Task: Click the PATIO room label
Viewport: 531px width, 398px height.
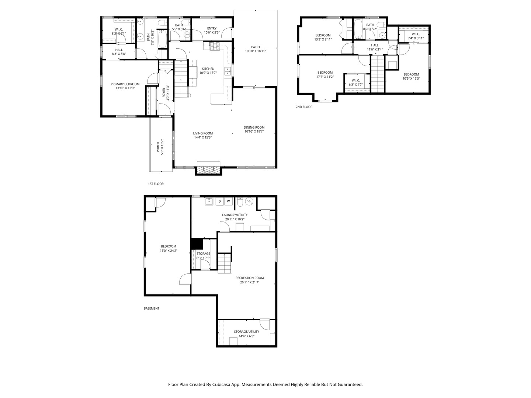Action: point(256,47)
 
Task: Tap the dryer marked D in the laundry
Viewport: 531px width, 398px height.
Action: point(220,201)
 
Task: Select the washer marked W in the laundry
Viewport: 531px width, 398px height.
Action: point(228,201)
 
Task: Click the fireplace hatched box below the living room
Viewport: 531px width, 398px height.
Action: point(209,170)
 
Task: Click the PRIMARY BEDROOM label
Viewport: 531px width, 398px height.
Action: point(125,84)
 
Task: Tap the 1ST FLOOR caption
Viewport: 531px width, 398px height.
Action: point(156,184)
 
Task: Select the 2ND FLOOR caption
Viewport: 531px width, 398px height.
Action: point(304,107)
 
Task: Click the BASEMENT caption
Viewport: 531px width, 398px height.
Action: point(152,308)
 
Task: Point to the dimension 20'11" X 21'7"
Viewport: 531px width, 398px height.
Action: point(250,282)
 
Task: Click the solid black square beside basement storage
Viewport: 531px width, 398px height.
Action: point(197,244)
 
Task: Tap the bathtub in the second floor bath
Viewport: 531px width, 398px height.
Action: point(358,29)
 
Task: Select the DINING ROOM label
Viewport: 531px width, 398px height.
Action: point(254,128)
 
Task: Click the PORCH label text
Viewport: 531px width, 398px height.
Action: point(158,147)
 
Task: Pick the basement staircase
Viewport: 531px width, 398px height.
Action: point(225,263)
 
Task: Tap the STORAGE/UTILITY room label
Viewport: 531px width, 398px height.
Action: point(247,332)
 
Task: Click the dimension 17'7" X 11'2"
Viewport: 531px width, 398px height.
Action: point(325,77)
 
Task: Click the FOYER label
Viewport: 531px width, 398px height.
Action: point(163,93)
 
